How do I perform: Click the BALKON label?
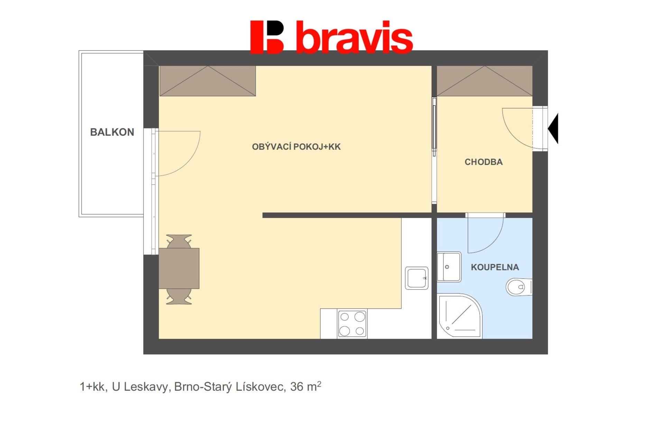(x=112, y=132)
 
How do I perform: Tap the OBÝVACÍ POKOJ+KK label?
(x=296, y=147)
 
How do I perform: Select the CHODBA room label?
(x=483, y=162)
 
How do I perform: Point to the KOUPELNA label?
(x=495, y=267)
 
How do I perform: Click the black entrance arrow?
(x=554, y=128)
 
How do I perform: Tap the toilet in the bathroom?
(x=519, y=287)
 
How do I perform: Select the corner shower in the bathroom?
(x=460, y=316)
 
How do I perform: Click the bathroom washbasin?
(x=449, y=267)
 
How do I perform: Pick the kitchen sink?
(x=417, y=278)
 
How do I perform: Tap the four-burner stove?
(x=352, y=324)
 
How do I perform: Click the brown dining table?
(x=179, y=268)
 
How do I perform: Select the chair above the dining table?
(x=179, y=241)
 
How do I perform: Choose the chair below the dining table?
(x=179, y=297)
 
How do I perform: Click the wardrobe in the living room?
(x=207, y=81)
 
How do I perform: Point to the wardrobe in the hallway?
(x=485, y=81)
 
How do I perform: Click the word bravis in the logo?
(x=354, y=37)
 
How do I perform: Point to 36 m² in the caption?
(x=306, y=386)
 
